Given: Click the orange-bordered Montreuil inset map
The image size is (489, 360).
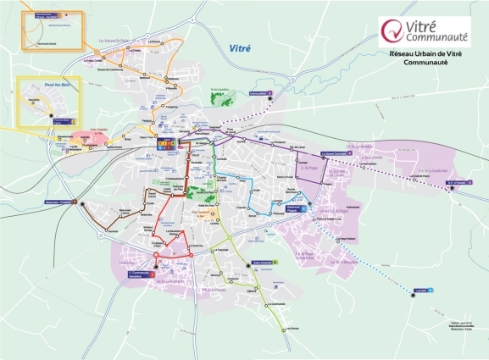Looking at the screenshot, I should (52, 30).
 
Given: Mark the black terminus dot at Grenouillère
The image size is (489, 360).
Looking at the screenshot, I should (270, 99).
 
